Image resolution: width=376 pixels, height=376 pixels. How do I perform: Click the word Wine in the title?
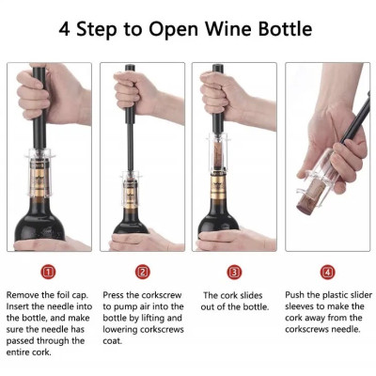click(x=228, y=29)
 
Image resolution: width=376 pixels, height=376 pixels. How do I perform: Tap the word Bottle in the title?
click(x=285, y=29)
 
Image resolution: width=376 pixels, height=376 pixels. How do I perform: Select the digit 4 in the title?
click(x=64, y=29)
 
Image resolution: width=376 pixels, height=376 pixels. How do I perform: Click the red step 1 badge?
click(x=48, y=272)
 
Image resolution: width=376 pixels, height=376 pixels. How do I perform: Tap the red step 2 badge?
click(x=143, y=272)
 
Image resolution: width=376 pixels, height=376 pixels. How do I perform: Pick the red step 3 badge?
click(x=234, y=272)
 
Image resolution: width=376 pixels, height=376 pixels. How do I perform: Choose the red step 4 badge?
click(x=327, y=272)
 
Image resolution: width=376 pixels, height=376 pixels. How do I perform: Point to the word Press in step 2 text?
click(x=113, y=295)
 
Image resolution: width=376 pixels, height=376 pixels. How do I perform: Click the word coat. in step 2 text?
click(x=112, y=341)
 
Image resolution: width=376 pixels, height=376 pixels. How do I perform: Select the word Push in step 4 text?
click(x=294, y=295)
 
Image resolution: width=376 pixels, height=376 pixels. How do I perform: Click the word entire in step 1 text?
click(x=18, y=352)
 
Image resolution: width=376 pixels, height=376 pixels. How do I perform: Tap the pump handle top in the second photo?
click(x=130, y=68)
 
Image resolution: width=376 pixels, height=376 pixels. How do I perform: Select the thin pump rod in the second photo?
click(x=131, y=148)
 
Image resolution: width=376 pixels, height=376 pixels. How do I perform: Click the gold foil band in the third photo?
click(x=219, y=187)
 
